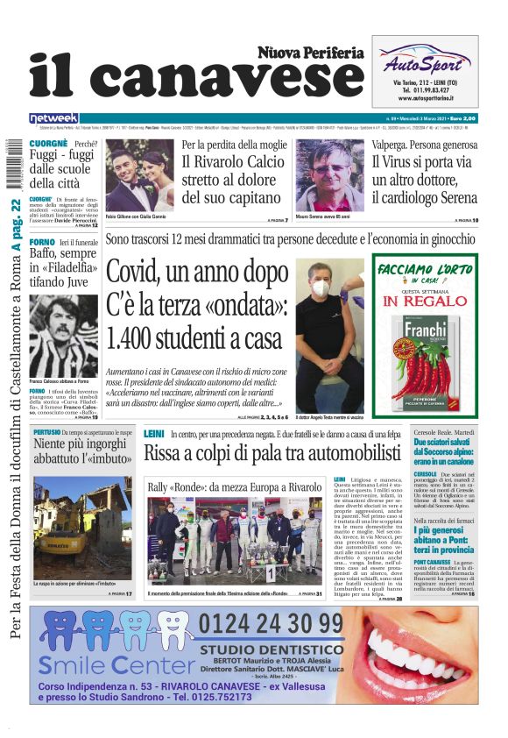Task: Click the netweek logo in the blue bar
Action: click(x=53, y=117)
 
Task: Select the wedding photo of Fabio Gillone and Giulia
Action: click(x=139, y=176)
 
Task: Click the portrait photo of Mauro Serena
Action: click(x=328, y=176)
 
